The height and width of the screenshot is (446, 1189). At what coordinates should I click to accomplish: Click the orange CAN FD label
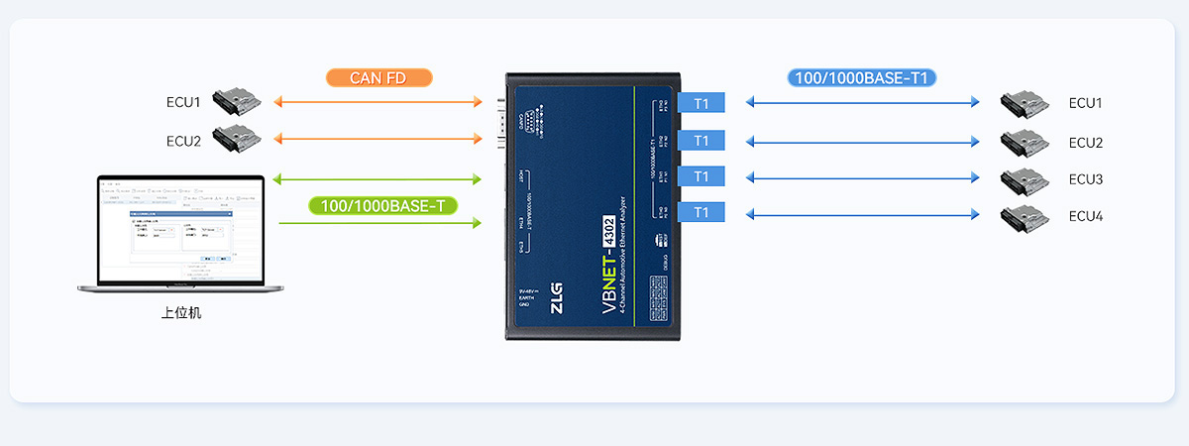[x=378, y=77]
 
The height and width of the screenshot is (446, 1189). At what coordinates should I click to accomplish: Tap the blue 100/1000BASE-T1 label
[x=862, y=77]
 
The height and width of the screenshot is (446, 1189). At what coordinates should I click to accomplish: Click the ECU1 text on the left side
[x=183, y=102]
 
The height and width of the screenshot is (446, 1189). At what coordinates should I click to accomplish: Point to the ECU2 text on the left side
[x=183, y=141]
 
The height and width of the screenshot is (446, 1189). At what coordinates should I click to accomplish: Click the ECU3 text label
[x=1086, y=179]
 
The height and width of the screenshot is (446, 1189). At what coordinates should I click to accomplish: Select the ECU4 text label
[x=1086, y=216]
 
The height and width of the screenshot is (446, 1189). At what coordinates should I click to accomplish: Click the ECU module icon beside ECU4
[x=1024, y=216]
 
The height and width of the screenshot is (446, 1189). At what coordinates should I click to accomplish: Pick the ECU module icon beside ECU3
[x=1024, y=179]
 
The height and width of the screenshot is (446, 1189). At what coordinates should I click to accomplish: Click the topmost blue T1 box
[x=702, y=102]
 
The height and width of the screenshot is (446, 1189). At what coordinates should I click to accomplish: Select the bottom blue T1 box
[x=702, y=212]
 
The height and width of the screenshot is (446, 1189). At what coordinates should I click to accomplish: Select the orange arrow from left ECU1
[x=377, y=102]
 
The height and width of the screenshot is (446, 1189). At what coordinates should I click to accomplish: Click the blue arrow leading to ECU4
[x=862, y=213]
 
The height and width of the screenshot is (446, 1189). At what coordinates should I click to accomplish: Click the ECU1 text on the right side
[x=1086, y=103]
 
